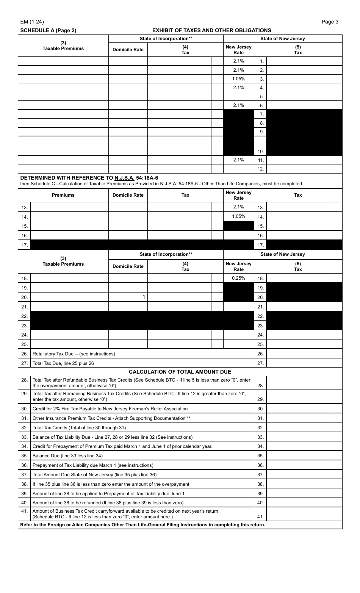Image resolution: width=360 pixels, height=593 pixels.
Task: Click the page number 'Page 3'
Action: click(330, 22)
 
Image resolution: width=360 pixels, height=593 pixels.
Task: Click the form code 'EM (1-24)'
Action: click(32, 22)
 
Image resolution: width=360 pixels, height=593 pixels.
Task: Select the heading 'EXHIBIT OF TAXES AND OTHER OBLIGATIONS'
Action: click(211, 30)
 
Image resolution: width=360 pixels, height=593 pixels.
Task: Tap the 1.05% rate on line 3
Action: click(238, 79)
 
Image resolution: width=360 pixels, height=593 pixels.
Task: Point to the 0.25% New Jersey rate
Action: click(238, 278)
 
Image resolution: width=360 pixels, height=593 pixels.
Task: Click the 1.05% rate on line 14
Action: click(238, 217)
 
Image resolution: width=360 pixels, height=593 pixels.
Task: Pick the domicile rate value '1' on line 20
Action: click(144, 297)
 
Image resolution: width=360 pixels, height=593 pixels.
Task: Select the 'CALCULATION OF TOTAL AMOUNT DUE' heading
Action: click(180, 372)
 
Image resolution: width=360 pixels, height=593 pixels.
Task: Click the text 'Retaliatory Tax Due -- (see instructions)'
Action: click(74, 354)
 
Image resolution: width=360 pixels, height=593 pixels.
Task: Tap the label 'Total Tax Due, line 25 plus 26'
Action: click(63, 363)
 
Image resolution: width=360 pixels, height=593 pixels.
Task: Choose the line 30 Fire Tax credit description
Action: click(110, 409)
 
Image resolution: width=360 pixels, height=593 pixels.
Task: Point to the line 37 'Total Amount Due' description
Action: click(94, 475)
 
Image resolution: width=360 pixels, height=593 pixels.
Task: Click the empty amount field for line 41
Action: click(298, 514)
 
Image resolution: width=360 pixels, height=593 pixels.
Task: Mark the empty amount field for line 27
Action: click(298, 363)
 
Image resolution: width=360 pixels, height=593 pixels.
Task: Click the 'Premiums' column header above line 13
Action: click(63, 195)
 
